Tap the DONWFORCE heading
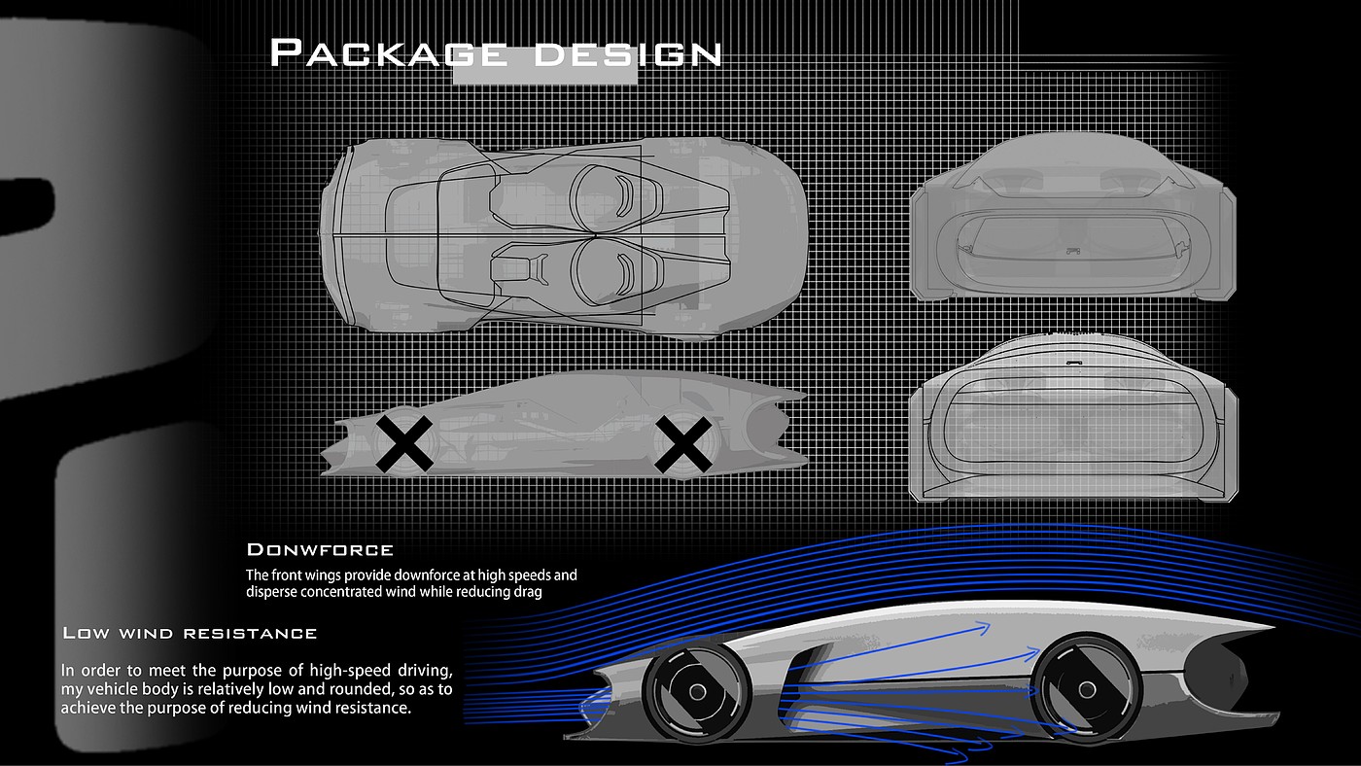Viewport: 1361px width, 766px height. tap(320, 550)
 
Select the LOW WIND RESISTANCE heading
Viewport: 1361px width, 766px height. tap(191, 633)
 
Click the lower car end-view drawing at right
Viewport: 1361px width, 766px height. tap(1074, 421)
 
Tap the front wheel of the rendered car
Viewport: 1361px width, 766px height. tap(696, 692)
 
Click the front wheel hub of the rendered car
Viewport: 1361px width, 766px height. tap(696, 692)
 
